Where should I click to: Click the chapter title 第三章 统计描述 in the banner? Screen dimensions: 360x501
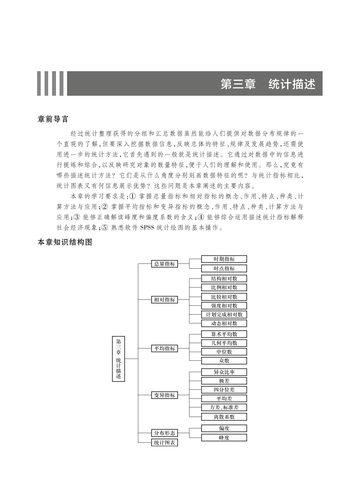268,84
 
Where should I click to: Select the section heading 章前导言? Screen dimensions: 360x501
53,119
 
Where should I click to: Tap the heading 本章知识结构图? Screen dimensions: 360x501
65,242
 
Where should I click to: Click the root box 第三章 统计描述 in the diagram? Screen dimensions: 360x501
119,359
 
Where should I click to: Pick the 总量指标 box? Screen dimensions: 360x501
165,264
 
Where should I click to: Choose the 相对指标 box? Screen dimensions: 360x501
165,300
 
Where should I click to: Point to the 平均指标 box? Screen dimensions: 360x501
165,348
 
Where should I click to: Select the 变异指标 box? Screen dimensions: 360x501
165,395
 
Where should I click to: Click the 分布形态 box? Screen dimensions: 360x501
165,433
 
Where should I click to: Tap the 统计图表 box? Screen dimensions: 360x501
165,443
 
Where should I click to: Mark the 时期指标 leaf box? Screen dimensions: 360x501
224,259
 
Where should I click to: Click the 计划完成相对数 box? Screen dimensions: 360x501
224,315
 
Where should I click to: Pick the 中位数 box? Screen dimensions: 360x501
224,352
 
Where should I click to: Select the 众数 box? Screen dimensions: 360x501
224,361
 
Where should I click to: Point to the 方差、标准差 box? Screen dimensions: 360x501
224,407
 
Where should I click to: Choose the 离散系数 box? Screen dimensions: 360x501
224,417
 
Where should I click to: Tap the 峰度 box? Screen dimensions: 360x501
224,438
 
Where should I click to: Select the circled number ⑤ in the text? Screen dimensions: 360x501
104,228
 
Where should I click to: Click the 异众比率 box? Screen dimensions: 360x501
224,372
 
